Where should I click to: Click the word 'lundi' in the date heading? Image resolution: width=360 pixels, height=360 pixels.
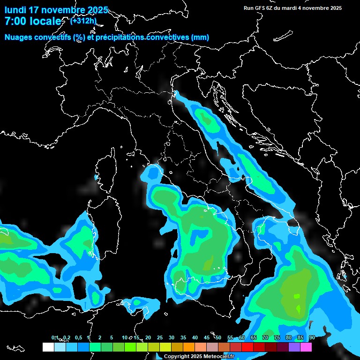(x=15, y=10)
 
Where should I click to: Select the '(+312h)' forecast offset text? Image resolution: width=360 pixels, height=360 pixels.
(x=83, y=20)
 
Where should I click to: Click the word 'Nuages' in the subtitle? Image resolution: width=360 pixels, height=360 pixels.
(x=18, y=37)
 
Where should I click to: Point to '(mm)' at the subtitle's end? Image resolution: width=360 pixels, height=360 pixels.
(x=200, y=37)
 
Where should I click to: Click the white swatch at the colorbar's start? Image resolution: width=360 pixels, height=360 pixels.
(x=48, y=347)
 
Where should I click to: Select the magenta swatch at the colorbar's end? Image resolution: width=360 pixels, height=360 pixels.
(x=306, y=347)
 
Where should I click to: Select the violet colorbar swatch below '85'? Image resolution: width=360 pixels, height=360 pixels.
(x=294, y=347)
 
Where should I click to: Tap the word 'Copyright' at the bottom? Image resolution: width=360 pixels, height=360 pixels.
(x=176, y=357)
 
